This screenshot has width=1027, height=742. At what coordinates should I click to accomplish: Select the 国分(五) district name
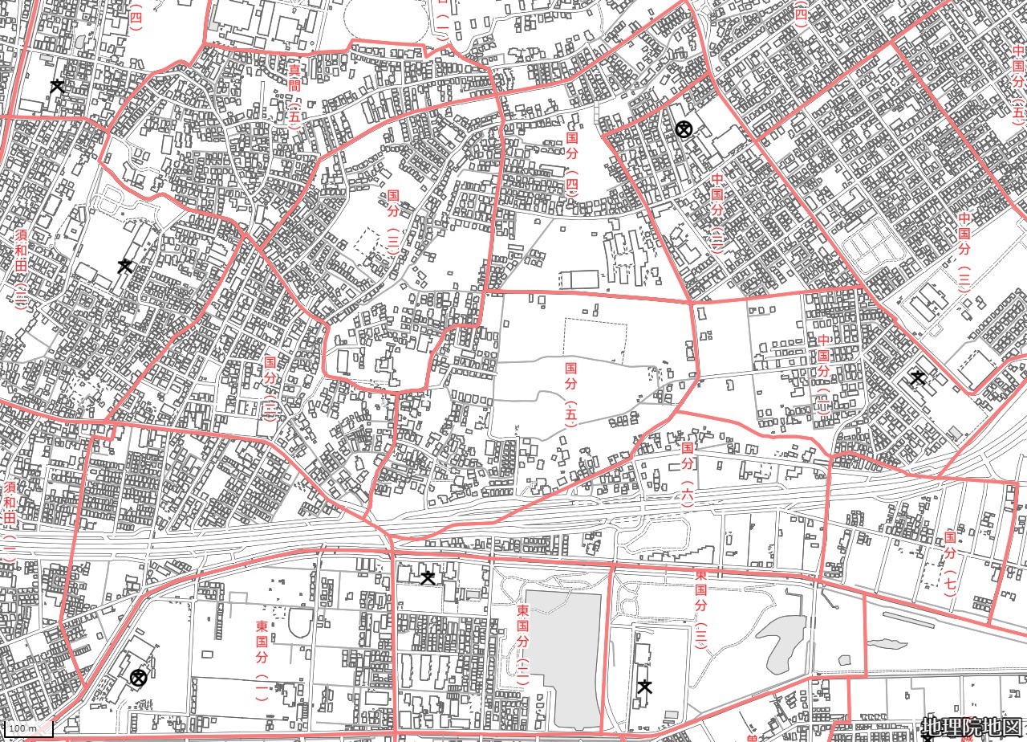click(x=570, y=393)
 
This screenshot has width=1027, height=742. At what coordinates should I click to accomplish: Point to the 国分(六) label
click(x=688, y=472)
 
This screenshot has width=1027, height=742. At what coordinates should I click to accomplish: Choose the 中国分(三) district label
click(x=964, y=252)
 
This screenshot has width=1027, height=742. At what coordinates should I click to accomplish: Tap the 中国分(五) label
click(x=1018, y=81)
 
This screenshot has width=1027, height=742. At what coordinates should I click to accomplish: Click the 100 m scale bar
click(x=27, y=729)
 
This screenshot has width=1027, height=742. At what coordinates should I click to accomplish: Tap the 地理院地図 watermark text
click(x=972, y=728)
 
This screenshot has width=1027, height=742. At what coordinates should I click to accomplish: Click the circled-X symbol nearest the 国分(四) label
click(x=684, y=128)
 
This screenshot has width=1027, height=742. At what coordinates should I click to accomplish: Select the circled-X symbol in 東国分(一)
click(x=139, y=679)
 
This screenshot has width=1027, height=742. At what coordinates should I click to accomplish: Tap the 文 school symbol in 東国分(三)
click(x=644, y=687)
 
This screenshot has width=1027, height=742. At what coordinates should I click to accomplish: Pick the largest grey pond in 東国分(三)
click(x=781, y=642)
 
